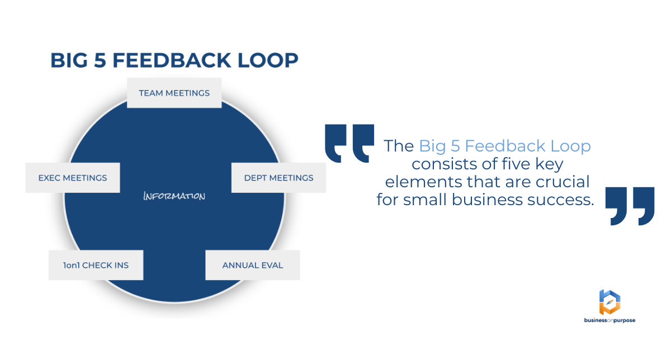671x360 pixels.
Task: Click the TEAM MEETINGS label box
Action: coord(174,93)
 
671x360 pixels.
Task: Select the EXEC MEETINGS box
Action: coord(73,178)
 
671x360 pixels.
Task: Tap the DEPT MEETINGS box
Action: coord(278,178)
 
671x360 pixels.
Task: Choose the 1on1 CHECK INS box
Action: coord(96,265)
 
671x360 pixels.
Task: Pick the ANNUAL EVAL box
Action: coord(253,265)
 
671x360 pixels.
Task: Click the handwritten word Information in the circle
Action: coord(174,196)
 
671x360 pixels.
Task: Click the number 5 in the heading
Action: coord(100,60)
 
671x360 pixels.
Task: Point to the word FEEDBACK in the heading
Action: coord(172,60)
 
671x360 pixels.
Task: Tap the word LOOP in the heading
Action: coord(268,60)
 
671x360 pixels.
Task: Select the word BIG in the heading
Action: coord(69,60)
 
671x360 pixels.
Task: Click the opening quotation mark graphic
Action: coord(349,143)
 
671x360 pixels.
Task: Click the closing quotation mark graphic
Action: coord(630,206)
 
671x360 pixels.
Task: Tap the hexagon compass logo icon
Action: coord(609,302)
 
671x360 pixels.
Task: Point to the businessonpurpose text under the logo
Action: coord(609,320)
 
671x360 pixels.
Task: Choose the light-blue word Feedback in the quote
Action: coord(505,146)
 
